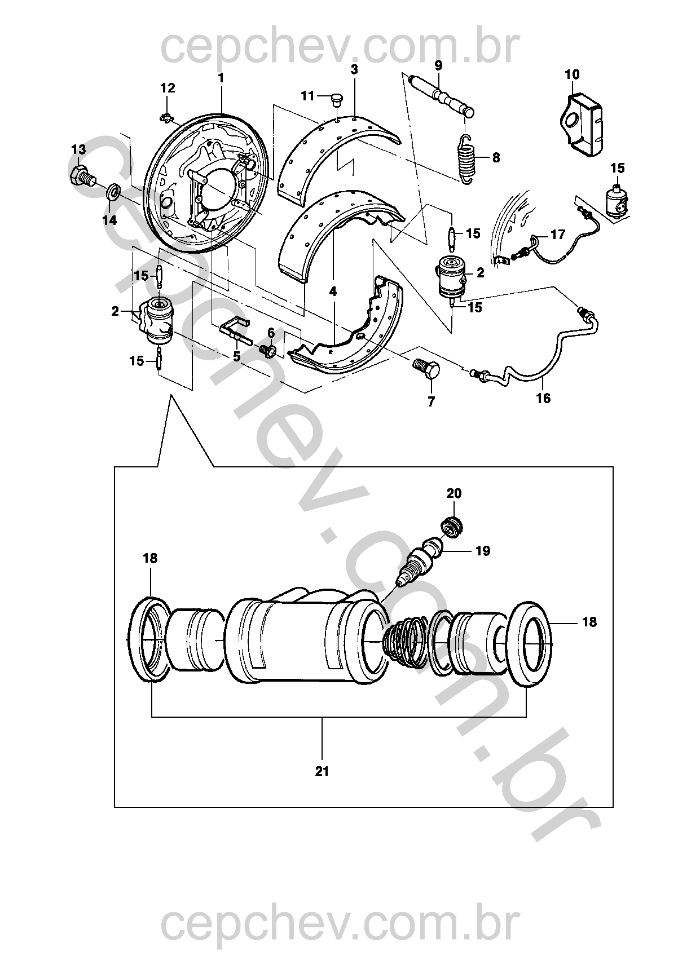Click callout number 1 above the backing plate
221,78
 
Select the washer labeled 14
113,192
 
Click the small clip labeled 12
165,117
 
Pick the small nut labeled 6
268,351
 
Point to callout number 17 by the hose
557,235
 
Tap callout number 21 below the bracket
322,771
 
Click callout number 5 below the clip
236,356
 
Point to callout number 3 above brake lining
354,70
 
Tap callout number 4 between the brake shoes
333,291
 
